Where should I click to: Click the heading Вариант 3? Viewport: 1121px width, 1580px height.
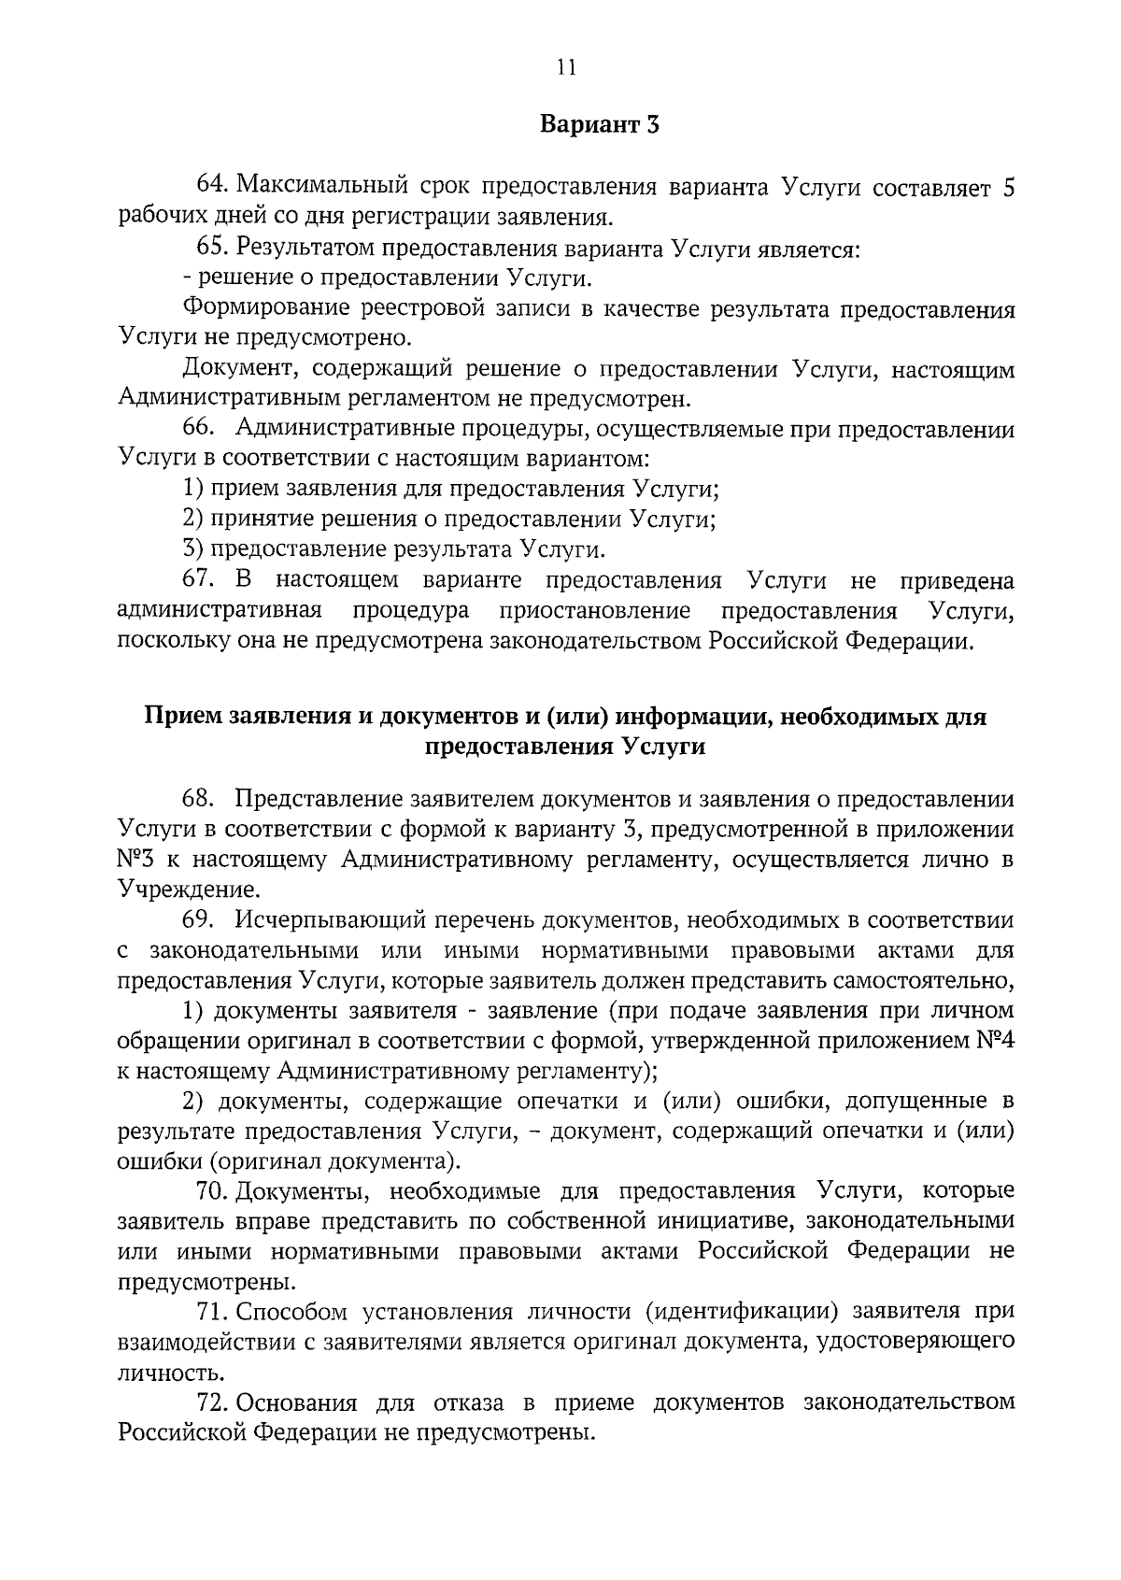[601, 125]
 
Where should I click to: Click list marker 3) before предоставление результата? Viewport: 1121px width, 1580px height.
[192, 549]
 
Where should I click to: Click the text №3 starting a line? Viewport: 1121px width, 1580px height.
[136, 860]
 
